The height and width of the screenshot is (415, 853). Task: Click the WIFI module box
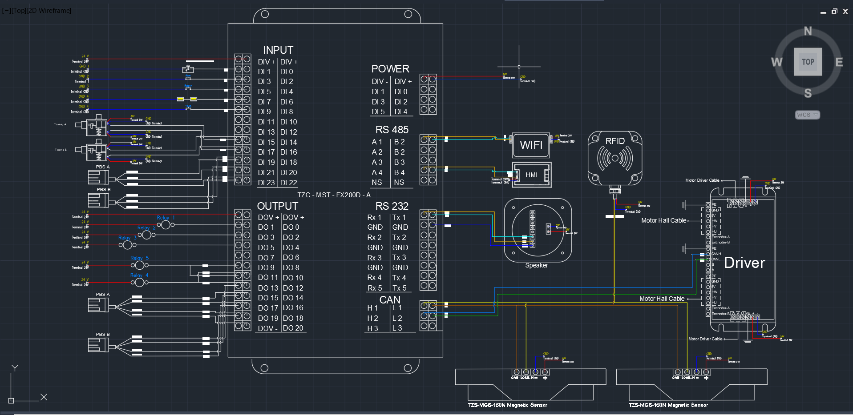click(x=531, y=145)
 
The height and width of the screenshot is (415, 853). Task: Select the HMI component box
click(x=531, y=175)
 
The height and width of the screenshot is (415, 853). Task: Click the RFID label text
click(x=615, y=141)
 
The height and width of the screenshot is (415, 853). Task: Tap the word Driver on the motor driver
click(x=744, y=263)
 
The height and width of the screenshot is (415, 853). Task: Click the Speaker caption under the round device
click(x=536, y=266)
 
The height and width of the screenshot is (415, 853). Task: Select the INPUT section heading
click(x=278, y=50)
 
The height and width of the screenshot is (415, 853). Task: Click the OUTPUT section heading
click(x=277, y=206)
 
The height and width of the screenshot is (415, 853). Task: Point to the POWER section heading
click(x=390, y=69)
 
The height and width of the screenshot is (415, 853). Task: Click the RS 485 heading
click(x=392, y=130)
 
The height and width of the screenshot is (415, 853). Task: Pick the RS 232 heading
click(x=392, y=206)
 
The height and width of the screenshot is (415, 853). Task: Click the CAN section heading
click(x=390, y=300)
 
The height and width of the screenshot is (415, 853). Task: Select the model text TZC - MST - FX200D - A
click(x=334, y=195)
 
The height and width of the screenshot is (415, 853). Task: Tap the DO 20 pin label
click(x=293, y=328)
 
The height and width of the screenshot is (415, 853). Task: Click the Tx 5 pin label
click(x=399, y=288)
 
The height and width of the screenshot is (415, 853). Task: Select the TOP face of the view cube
click(x=808, y=62)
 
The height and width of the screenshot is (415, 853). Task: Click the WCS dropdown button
click(x=807, y=115)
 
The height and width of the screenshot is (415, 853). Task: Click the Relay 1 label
click(x=166, y=218)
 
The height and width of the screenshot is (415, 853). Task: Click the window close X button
click(x=845, y=12)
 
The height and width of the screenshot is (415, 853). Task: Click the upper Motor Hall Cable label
click(x=663, y=221)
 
